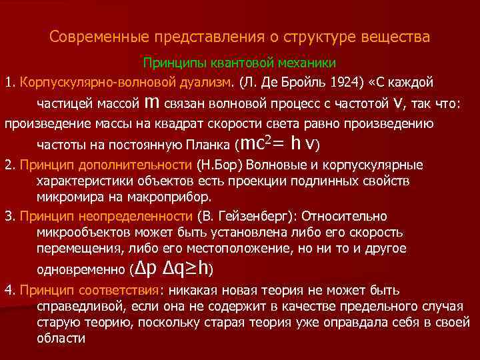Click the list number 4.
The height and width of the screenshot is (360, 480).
(9, 290)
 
